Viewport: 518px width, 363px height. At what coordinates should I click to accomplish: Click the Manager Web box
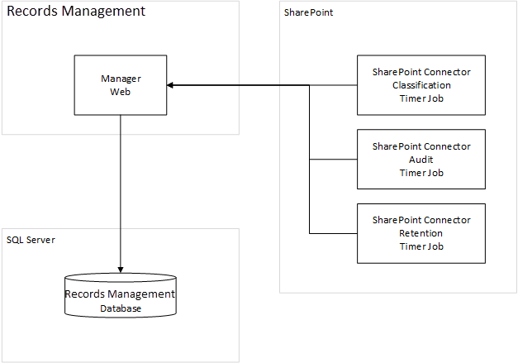121,84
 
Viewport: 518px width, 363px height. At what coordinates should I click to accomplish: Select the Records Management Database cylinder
121,296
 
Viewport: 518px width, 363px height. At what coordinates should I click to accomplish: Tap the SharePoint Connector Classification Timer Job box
421,84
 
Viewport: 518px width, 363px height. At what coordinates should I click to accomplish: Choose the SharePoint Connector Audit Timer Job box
421,159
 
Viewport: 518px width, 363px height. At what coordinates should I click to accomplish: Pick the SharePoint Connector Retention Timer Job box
421,232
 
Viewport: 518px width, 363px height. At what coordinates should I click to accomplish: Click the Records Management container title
76,12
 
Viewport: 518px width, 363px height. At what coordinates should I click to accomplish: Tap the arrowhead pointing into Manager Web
171,84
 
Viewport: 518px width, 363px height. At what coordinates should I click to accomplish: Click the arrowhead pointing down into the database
121,268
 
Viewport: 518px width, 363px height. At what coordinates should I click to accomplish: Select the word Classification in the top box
421,85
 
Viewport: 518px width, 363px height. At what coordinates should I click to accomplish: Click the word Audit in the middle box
421,160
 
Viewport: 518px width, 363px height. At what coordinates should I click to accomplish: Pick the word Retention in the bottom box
421,233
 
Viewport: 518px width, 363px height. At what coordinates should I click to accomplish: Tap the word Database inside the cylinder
121,308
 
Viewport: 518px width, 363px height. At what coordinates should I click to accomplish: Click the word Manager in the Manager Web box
121,79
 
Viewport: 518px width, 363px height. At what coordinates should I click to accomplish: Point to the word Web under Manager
121,91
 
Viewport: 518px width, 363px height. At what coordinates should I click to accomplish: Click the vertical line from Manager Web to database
121,190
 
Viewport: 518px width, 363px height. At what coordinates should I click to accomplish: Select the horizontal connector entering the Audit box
332,159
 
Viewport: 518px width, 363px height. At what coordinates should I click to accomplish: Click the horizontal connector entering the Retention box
332,232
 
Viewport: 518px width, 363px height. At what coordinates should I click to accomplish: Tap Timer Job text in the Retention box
421,246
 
